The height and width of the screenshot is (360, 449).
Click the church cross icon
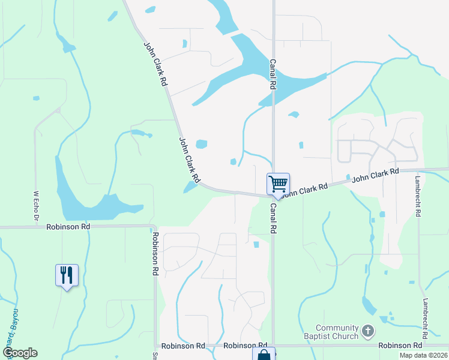pos(369,331)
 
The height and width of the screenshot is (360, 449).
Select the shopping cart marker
pos(278,184)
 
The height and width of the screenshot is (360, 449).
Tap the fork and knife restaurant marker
pos(67,275)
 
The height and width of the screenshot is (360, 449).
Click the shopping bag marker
pos(264,355)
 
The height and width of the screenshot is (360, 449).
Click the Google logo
pos(20,353)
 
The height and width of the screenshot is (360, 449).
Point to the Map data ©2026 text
pos(423,355)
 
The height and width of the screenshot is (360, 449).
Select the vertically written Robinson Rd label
pos(155,254)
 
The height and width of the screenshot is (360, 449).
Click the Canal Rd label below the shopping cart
pos(273,217)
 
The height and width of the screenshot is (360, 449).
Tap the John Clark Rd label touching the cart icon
pos(305,190)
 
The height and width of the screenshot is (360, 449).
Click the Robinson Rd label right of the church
pos(400,346)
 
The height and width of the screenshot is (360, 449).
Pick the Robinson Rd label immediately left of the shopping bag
pos(240,346)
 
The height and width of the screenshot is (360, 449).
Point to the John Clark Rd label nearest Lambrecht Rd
pos(375,175)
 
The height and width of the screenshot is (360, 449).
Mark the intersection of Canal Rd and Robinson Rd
pos(273,346)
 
